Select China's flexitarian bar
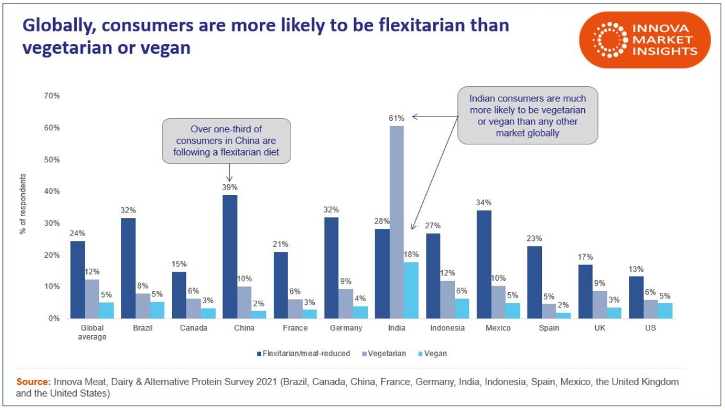tap(229, 256)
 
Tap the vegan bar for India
tap(411, 290)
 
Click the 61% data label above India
tap(396, 117)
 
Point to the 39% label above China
tap(229, 187)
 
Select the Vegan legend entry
tap(433, 353)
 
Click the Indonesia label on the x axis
tap(447, 328)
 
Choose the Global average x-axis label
tap(92, 332)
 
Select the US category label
tap(650, 328)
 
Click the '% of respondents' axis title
tap(23, 204)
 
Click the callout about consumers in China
tap(227, 141)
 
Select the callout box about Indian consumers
tap(527, 114)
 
